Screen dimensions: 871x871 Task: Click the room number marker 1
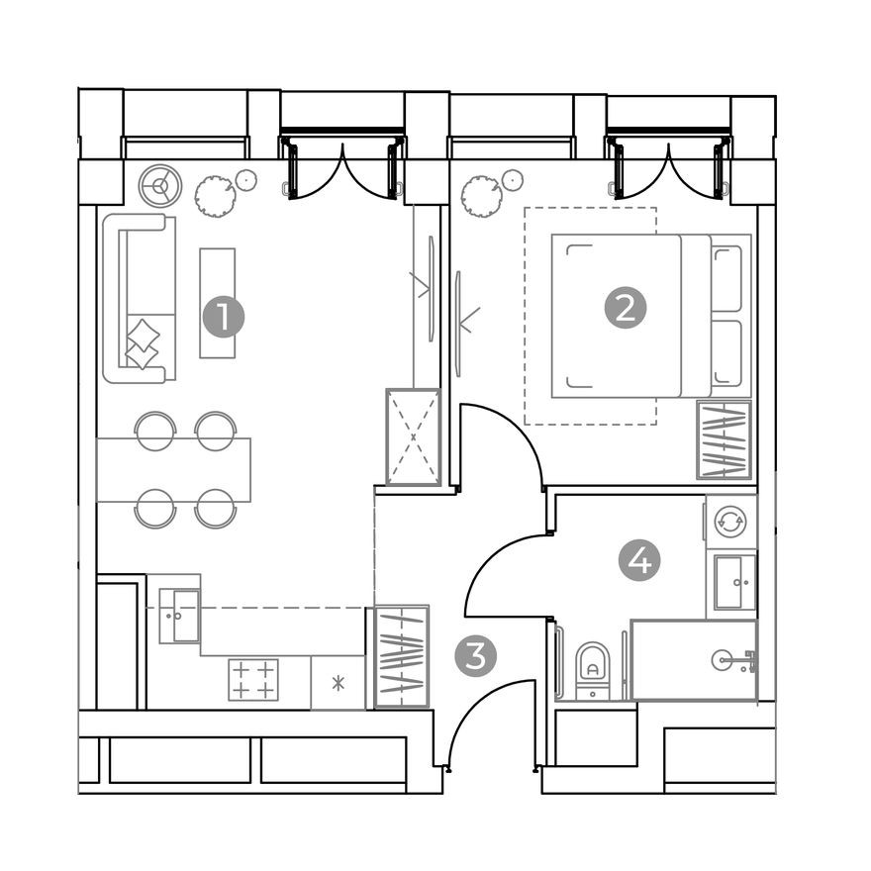point(223,318)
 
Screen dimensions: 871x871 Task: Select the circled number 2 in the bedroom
point(625,309)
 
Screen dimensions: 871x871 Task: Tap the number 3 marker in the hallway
point(475,657)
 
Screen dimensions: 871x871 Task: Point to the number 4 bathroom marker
point(639,562)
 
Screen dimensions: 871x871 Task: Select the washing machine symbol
point(730,521)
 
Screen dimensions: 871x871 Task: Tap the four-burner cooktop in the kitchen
point(253,680)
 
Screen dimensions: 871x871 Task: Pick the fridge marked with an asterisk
point(337,683)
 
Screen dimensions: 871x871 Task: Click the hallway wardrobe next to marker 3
point(402,656)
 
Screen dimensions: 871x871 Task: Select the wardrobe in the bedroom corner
point(724,440)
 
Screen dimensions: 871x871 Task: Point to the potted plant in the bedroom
point(482,196)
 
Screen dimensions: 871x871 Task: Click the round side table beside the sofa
point(157,185)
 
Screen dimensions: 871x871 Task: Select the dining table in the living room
point(174,469)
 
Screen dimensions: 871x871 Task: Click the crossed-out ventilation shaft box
point(413,436)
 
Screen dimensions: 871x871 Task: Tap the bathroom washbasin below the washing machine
point(733,582)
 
